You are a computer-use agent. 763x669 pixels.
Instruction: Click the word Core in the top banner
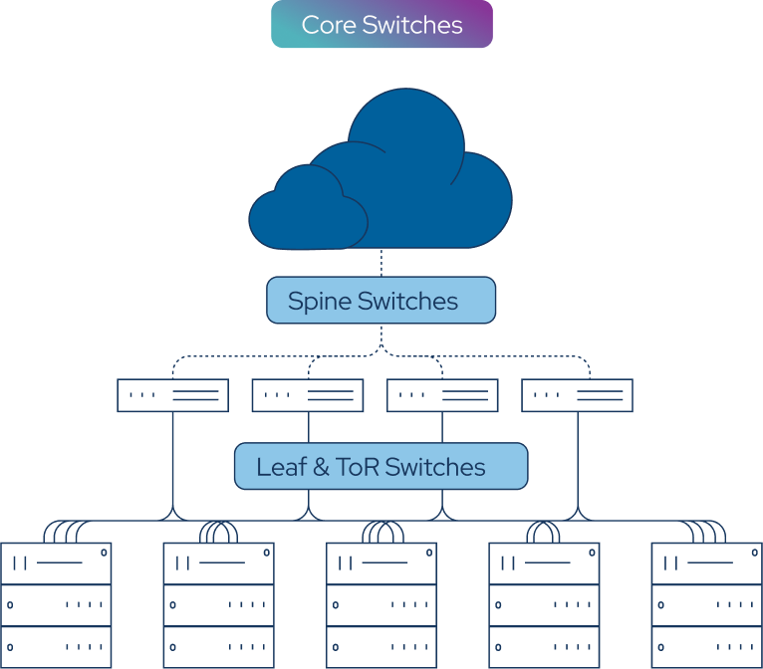329,25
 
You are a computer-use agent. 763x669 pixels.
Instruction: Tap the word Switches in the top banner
412,25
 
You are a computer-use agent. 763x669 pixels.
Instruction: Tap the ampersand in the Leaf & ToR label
321,467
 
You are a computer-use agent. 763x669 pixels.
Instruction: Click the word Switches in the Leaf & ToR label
435,467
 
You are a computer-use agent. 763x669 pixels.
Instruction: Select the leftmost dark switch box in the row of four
172,409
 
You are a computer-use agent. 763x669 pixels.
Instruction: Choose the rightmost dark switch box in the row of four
578,409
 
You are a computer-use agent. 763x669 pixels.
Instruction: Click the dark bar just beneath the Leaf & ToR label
381,499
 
